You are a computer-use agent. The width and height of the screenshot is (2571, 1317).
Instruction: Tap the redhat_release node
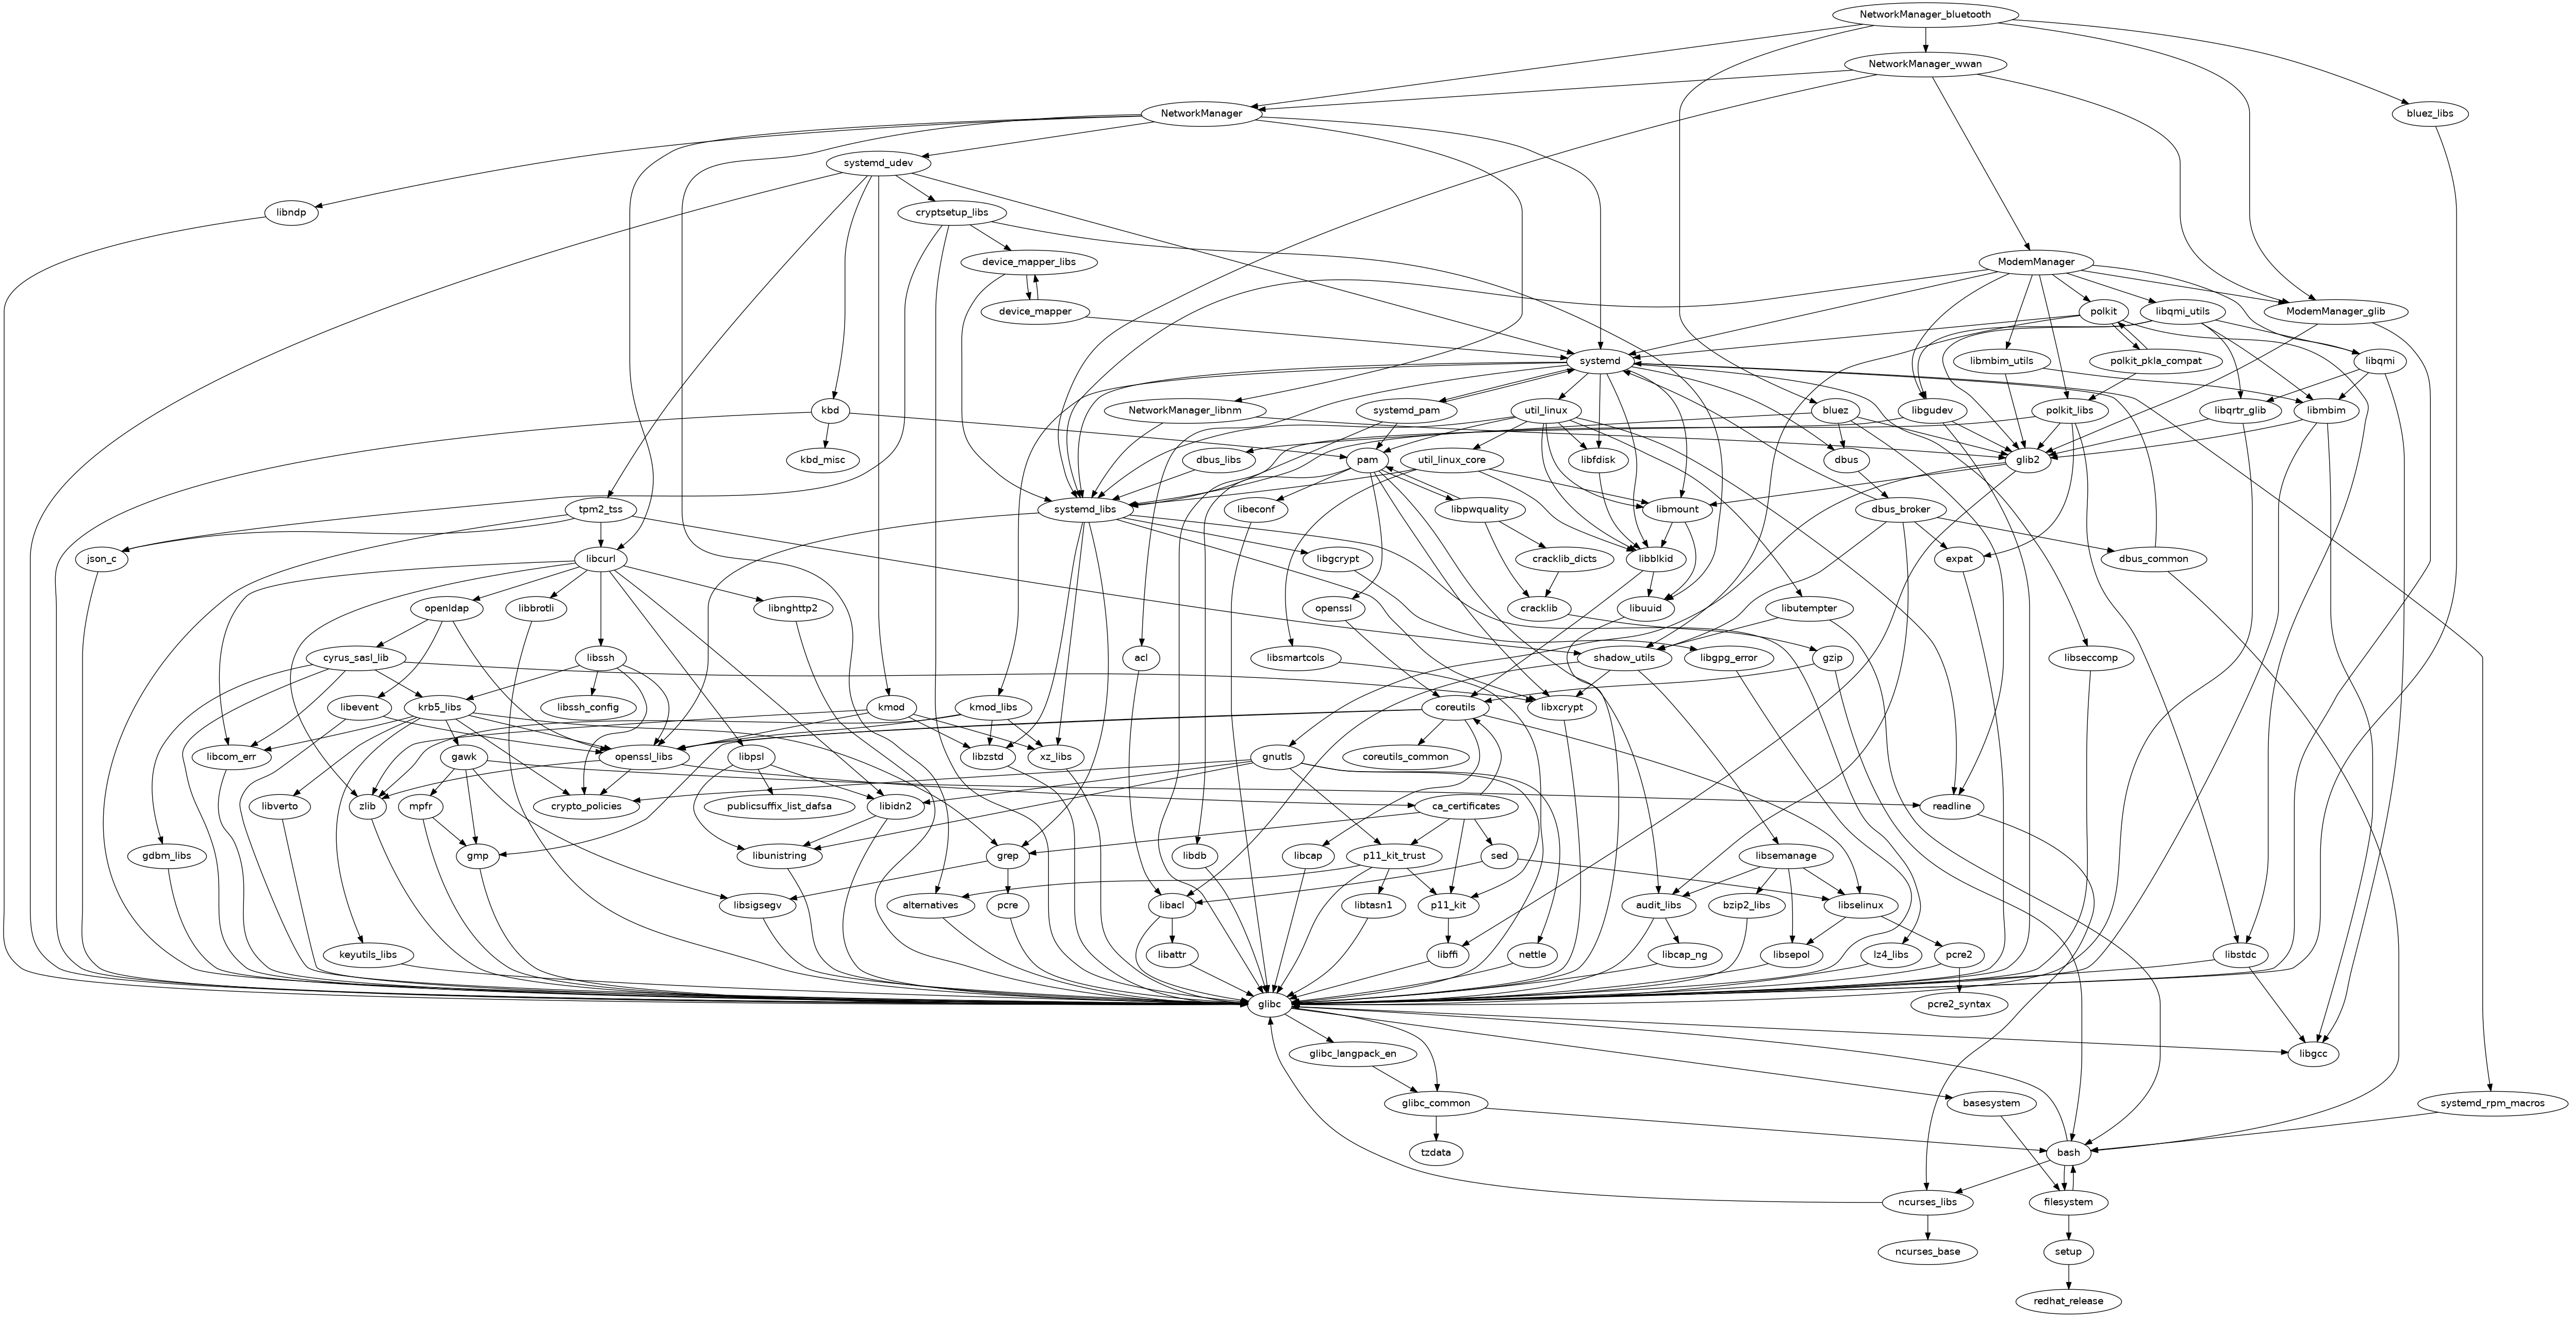pos(2068,1301)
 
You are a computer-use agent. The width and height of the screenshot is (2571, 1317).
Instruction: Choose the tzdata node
pos(1436,1153)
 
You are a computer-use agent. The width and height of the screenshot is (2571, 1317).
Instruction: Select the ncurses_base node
pos(1927,1251)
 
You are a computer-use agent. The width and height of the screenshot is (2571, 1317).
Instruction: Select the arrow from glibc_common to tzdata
pos(1436,1127)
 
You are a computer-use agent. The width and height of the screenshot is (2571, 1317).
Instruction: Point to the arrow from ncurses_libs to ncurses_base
pos(1927,1226)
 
